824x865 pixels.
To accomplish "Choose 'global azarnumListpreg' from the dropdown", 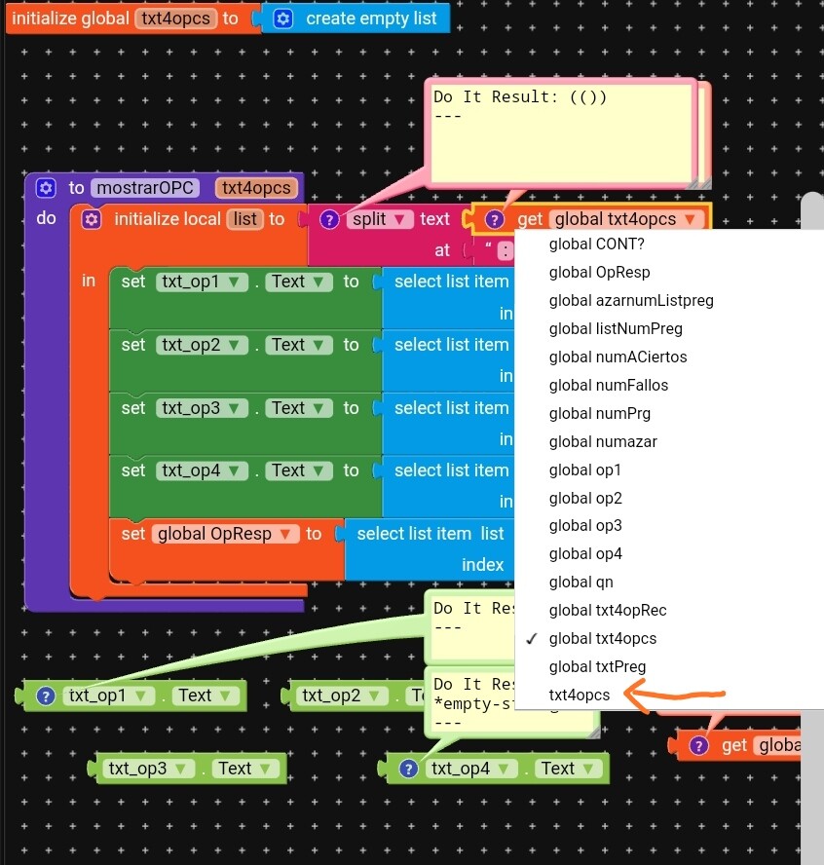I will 630,300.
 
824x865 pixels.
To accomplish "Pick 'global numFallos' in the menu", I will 608,385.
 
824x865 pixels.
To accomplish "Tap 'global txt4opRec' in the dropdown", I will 607,611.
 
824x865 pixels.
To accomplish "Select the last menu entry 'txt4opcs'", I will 579,696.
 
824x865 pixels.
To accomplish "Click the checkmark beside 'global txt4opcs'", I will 532,639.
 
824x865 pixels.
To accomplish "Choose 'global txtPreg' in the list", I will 597,667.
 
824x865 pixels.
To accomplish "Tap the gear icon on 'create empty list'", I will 283,19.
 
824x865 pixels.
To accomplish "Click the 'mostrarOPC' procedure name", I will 145,188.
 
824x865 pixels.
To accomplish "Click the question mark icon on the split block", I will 329,219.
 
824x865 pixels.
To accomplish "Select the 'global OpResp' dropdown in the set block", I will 225,534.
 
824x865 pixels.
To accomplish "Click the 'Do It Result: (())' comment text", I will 520,97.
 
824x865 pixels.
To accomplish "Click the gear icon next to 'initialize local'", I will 92,219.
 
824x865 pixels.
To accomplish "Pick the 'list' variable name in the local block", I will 245,219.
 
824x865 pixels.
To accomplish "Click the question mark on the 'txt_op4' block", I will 408,769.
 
